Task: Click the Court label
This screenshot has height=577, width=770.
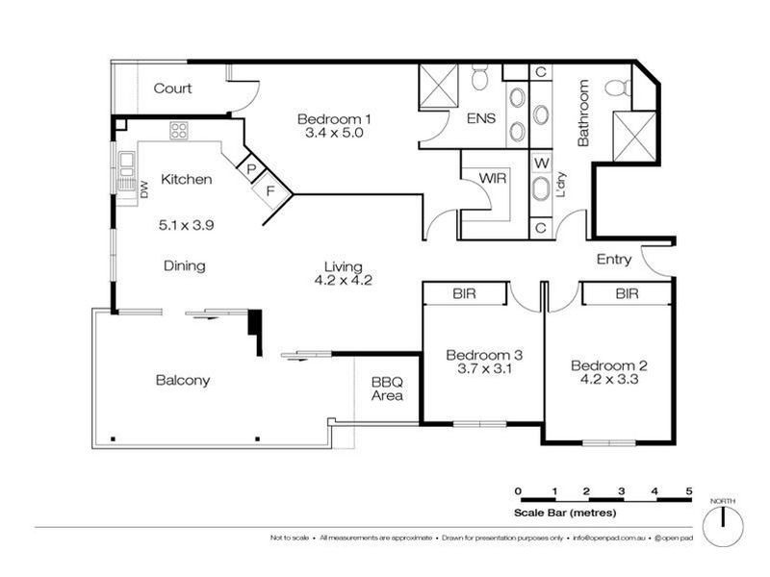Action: point(173,88)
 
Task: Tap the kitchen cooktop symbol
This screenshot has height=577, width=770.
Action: point(179,129)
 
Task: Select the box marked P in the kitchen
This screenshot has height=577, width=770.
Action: point(251,168)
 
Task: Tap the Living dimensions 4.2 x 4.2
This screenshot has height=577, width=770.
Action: point(343,281)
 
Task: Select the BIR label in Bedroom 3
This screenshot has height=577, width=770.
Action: point(465,293)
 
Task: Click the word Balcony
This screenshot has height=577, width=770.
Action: point(183,380)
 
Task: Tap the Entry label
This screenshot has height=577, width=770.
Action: point(614,260)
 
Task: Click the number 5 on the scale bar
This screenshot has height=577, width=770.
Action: point(689,491)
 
